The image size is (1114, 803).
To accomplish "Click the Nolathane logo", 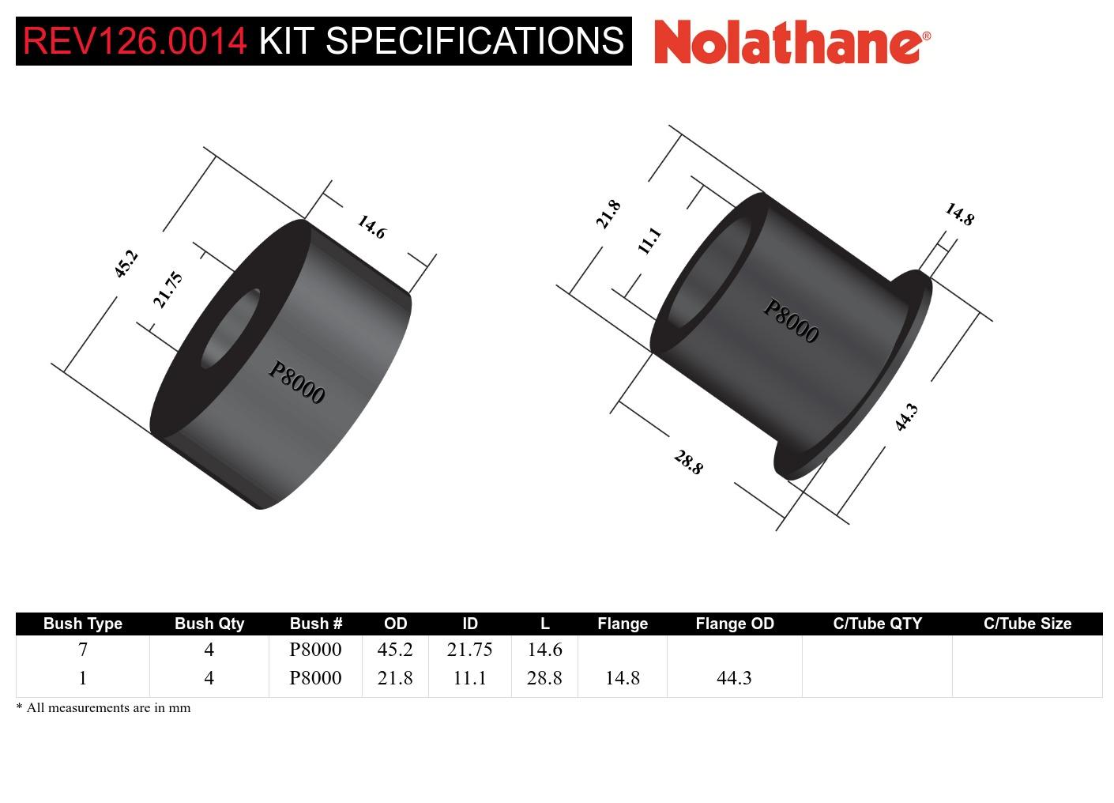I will coord(792,41).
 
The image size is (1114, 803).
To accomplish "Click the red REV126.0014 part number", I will coord(135,41).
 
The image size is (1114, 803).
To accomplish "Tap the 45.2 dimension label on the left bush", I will coord(126,263).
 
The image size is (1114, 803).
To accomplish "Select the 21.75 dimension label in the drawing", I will coord(167,290).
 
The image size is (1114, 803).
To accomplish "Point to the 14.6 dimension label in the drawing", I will coord(371,227).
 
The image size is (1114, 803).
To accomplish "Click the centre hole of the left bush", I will coord(231,329).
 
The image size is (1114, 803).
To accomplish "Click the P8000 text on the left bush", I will coord(296,383).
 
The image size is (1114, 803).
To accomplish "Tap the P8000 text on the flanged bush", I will coord(790,321).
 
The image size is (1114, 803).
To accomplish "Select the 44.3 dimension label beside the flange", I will coord(906,417).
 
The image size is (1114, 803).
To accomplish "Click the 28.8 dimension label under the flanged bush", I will coord(688,462).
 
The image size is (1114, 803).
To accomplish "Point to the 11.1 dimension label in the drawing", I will coord(649,240).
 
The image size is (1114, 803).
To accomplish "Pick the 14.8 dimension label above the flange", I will coord(959,214).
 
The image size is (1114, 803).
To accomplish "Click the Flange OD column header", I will coord(734,624).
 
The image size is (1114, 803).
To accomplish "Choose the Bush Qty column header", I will coord(209,624).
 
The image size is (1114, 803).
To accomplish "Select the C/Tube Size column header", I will coord(1027,624).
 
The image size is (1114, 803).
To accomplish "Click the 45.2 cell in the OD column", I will coord(395,650).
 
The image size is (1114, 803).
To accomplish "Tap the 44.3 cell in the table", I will coord(734,678).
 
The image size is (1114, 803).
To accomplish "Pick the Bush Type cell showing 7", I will coord(83,650).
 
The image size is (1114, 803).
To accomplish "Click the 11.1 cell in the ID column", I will coord(469,678).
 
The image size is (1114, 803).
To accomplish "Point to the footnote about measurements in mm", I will coord(103,707).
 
